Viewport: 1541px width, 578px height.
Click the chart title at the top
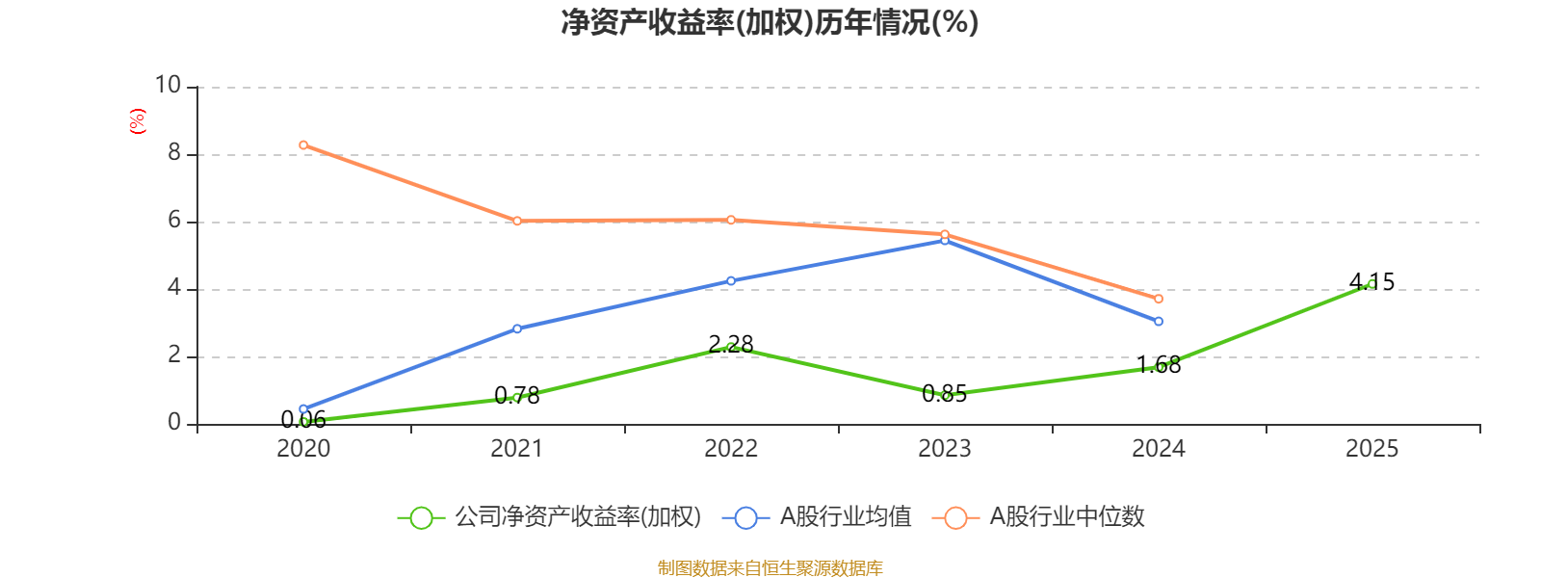[770, 23]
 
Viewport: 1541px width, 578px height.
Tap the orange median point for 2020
[303, 145]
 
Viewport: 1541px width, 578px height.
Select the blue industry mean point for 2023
[945, 240]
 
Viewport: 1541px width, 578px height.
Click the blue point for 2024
[1159, 322]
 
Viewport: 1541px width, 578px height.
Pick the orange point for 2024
[1159, 299]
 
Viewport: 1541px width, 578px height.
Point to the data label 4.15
[1371, 282]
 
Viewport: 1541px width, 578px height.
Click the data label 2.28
[731, 344]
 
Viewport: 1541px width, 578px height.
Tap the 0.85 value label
[945, 394]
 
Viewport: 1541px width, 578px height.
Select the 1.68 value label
[1159, 365]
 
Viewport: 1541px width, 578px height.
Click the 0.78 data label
[517, 396]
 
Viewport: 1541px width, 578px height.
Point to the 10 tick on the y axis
[168, 86]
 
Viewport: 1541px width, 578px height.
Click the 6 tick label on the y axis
[174, 221]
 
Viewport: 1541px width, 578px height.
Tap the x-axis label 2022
[731, 449]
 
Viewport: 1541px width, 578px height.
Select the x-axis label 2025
[1371, 449]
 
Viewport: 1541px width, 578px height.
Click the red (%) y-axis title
[138, 121]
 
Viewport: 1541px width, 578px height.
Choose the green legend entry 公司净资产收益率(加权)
[550, 516]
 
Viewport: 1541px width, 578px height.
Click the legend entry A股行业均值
[818, 516]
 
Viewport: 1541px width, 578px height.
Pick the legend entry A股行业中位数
[1039, 516]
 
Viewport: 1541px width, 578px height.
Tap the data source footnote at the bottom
[770, 567]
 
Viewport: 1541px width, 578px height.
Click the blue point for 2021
[517, 328]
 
